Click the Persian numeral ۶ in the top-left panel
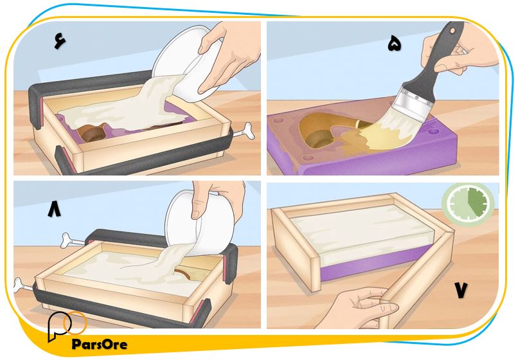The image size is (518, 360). tap(60, 41)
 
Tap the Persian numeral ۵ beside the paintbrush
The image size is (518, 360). tap(394, 44)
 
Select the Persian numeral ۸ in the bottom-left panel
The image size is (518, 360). tap(54, 210)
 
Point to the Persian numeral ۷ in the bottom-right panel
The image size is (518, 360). tap(461, 290)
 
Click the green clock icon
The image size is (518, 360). tap(468, 203)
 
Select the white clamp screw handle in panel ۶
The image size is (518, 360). tap(243, 130)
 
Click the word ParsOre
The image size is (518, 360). tap(100, 344)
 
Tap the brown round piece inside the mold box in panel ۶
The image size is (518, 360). tap(93, 134)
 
